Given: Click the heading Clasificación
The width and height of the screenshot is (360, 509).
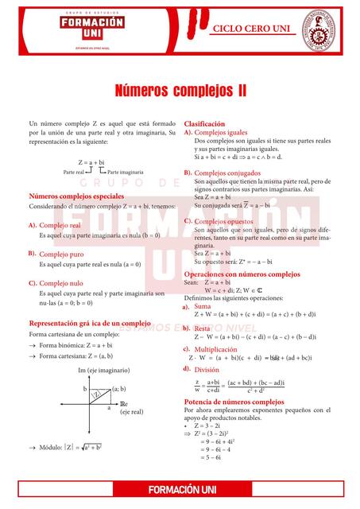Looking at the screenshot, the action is [205, 125].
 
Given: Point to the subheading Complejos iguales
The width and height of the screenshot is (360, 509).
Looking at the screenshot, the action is [221, 133].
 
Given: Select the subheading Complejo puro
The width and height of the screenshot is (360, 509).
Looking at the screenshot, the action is [60, 254].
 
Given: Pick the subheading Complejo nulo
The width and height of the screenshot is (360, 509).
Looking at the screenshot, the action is [60, 283].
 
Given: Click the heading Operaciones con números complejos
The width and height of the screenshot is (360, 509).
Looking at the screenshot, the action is [242, 274].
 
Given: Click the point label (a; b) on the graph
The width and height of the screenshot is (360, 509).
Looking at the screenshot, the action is [118, 389].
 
